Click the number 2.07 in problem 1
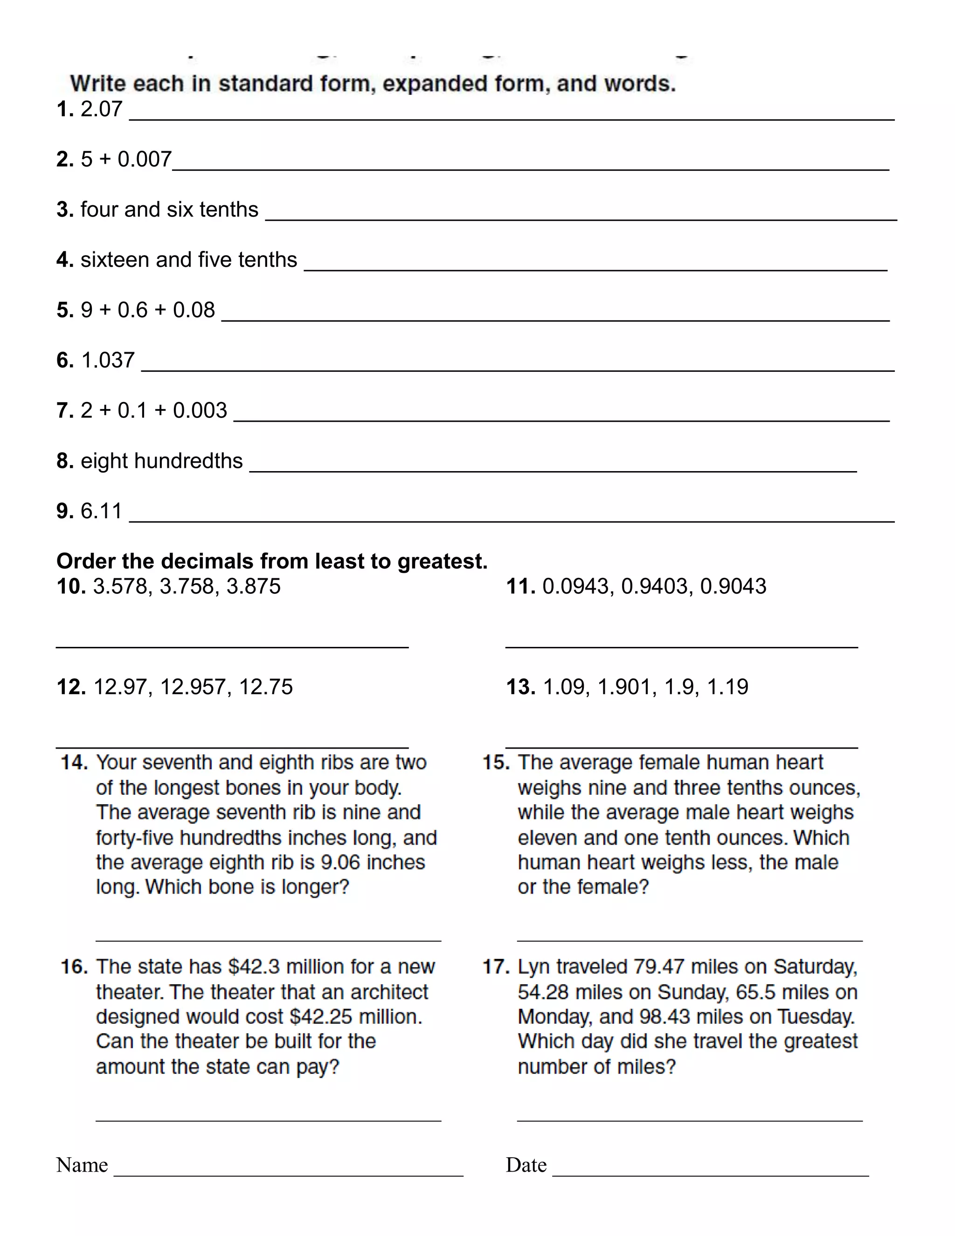[101, 109]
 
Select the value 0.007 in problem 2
[144, 159]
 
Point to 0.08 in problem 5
[194, 310]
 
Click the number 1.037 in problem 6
[108, 360]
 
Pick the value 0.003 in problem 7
[200, 410]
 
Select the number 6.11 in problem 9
[101, 511]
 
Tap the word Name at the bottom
[82, 1165]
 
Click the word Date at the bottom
[526, 1165]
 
